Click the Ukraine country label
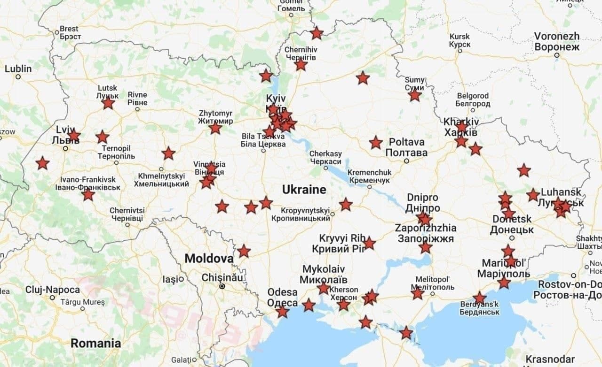[x=304, y=190]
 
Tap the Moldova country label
[x=209, y=259]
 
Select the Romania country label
[x=95, y=343]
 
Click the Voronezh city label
[x=557, y=41]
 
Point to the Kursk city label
[x=459, y=40]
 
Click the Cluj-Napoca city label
[x=52, y=290]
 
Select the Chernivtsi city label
[x=127, y=214]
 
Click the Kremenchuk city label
[x=369, y=176]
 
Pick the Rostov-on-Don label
[x=570, y=290]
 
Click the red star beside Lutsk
[x=108, y=103]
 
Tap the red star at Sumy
[x=414, y=95]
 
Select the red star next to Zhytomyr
[x=215, y=128]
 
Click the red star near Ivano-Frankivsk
[x=88, y=194]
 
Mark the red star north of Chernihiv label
[x=317, y=33]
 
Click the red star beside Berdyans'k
[x=479, y=298]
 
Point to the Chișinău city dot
[x=222, y=286]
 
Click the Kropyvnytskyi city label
[x=305, y=214]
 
